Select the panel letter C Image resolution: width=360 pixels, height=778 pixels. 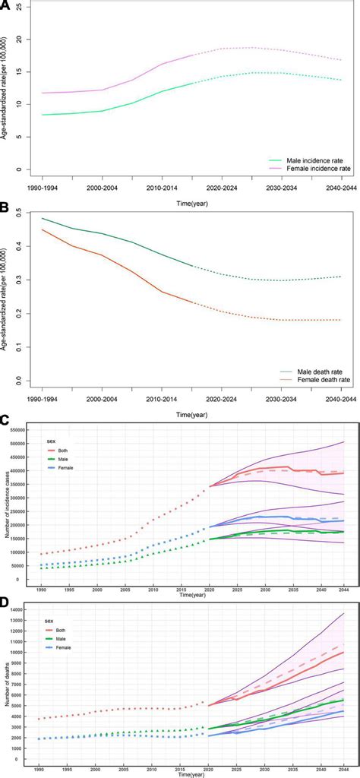(5, 419)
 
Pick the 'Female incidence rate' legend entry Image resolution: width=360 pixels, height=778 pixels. (312, 169)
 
